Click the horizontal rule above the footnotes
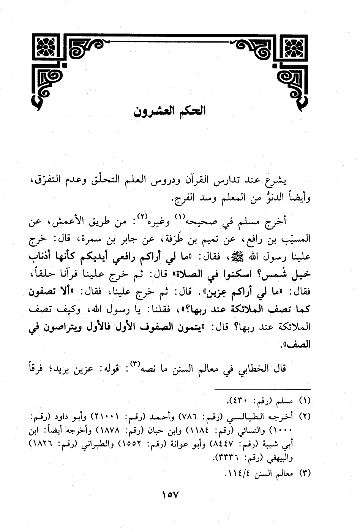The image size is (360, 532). click(262, 390)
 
